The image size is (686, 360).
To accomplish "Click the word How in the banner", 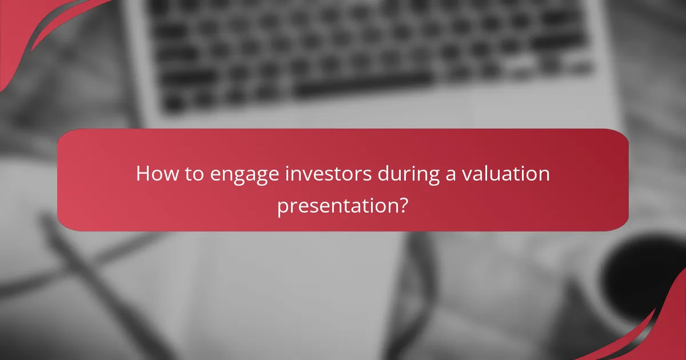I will (x=153, y=173).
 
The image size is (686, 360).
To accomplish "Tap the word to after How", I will (x=189, y=173).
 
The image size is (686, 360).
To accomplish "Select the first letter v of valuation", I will (x=466, y=174).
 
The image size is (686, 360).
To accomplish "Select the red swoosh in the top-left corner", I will (x=34, y=29).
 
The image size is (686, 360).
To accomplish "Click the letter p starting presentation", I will (x=283, y=207).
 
